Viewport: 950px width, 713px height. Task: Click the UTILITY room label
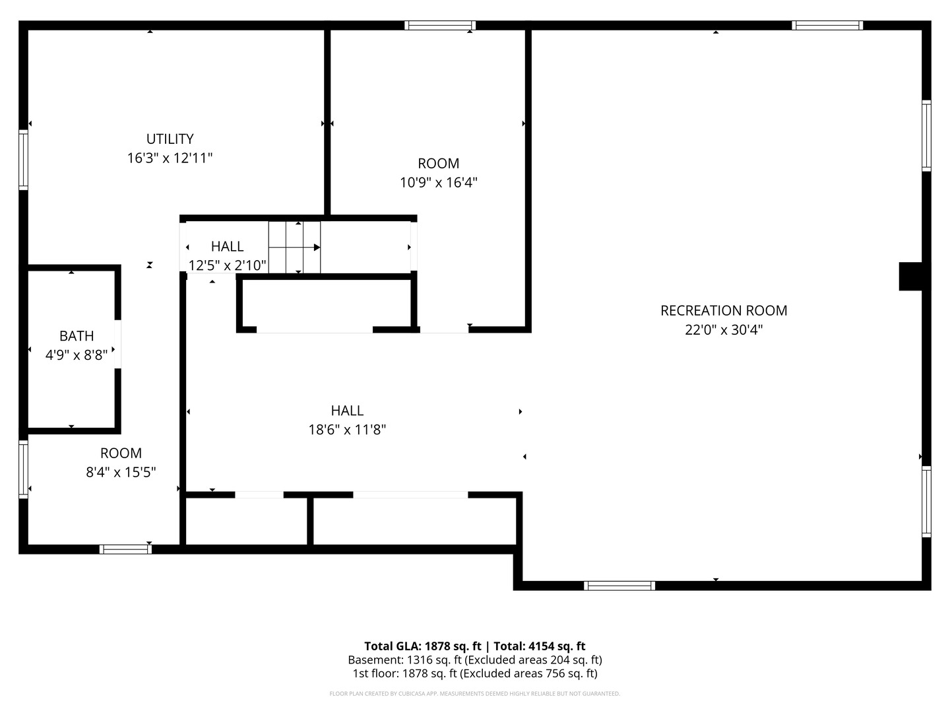coord(170,139)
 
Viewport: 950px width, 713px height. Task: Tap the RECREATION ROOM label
coord(724,310)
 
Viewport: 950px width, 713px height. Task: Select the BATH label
coord(77,336)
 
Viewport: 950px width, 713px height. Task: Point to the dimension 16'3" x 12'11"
coord(170,158)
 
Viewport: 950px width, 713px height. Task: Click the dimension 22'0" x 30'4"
coord(724,330)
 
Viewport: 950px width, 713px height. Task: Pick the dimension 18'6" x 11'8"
coord(347,429)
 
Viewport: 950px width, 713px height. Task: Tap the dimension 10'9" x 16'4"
coord(439,182)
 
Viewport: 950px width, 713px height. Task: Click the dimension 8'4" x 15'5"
coord(121,472)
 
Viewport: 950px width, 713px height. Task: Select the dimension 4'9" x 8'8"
coord(77,355)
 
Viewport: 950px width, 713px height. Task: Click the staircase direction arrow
coord(294,247)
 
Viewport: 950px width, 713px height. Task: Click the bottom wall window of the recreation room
coord(619,586)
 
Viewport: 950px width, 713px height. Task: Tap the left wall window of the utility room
coord(23,160)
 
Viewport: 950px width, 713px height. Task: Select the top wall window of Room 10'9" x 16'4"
coord(440,26)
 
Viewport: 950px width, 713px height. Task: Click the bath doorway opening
coord(117,344)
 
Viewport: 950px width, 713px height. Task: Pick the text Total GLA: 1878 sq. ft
coord(422,646)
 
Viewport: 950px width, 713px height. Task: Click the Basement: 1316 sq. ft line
coord(475,660)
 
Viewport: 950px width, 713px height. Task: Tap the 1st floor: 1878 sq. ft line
coord(475,673)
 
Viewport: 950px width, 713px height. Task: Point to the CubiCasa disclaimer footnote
coord(475,694)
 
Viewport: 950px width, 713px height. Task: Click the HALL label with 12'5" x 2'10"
coord(227,246)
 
